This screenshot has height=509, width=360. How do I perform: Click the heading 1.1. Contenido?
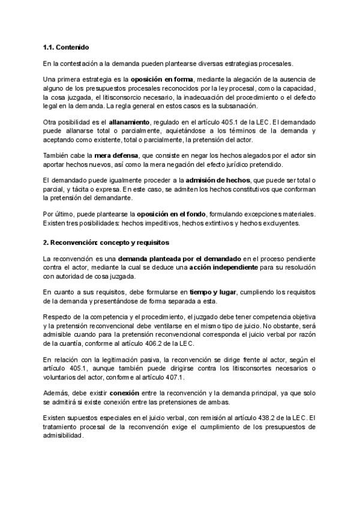(x=67, y=47)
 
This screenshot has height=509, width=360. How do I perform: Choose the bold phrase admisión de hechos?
(x=214, y=180)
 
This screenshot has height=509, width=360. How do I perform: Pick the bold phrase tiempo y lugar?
(x=215, y=291)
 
